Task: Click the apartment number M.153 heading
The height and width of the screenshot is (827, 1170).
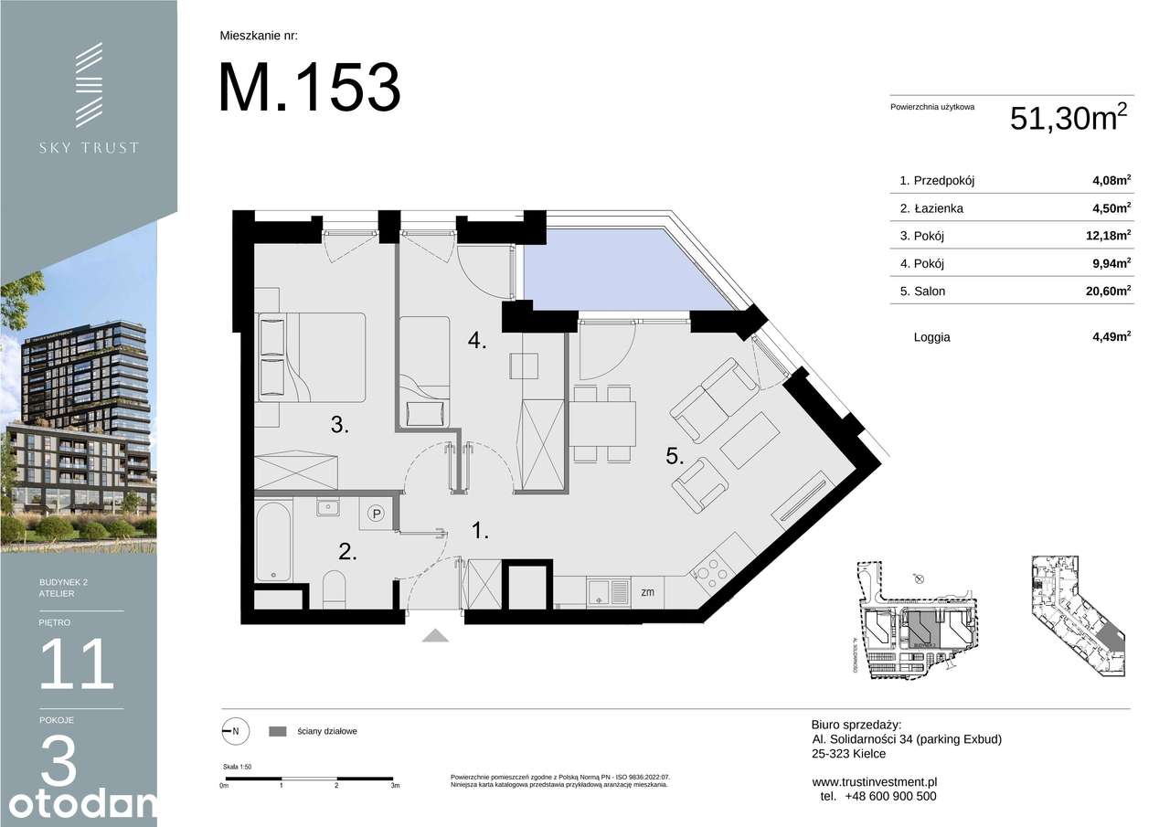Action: point(309,87)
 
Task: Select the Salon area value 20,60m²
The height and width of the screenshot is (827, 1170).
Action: point(1107,291)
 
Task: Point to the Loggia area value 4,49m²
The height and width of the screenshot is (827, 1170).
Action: point(1111,336)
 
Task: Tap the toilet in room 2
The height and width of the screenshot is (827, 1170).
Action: point(335,590)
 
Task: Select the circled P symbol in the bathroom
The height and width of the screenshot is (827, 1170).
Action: point(377,515)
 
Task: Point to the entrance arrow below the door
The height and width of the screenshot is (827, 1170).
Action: point(436,636)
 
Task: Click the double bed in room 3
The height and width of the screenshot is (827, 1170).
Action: point(312,356)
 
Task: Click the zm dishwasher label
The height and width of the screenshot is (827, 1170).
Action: point(647,592)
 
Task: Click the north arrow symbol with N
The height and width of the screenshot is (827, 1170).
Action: point(232,731)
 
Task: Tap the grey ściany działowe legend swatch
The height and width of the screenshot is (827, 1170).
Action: point(278,731)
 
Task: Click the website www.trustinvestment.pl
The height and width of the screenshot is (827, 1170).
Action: point(875,782)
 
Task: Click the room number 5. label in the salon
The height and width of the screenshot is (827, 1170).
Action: point(675,457)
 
